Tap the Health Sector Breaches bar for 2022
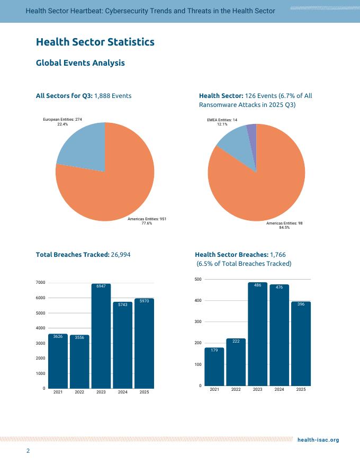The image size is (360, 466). pyautogui.click(x=236, y=362)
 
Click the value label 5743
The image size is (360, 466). pyautogui.click(x=123, y=304)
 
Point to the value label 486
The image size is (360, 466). pyautogui.click(x=257, y=285)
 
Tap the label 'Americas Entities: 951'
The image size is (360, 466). pyautogui.click(x=147, y=219)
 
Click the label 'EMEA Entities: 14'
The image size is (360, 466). pyautogui.click(x=222, y=121)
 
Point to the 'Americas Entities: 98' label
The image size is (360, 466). pyautogui.click(x=284, y=223)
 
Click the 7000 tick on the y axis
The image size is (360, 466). pyautogui.click(x=40, y=283)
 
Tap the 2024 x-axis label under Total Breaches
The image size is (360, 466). pyautogui.click(x=123, y=392)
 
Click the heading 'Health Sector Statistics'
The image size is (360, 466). pyautogui.click(x=95, y=42)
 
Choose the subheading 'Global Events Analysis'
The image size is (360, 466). pyautogui.click(x=80, y=63)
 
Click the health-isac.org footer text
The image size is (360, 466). pyautogui.click(x=318, y=440)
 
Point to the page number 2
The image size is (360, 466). pyautogui.click(x=29, y=451)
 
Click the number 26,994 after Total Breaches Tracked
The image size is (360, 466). pyautogui.click(x=120, y=255)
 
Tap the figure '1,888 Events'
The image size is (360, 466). pyautogui.click(x=113, y=96)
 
